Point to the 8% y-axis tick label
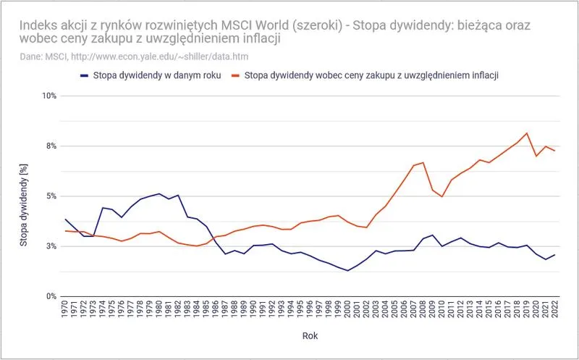pos(50,146)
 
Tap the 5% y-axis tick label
pos(50,196)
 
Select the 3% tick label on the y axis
pos(50,246)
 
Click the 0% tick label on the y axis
pos(50,296)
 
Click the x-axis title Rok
pos(309,336)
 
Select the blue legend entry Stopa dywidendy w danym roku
pos(149,75)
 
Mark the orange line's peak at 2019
pos(526,133)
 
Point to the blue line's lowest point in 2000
pos(347,271)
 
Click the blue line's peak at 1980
pos(159,193)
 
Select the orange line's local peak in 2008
pos(423,163)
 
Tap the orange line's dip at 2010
pos(441,197)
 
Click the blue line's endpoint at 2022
pos(554,255)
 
